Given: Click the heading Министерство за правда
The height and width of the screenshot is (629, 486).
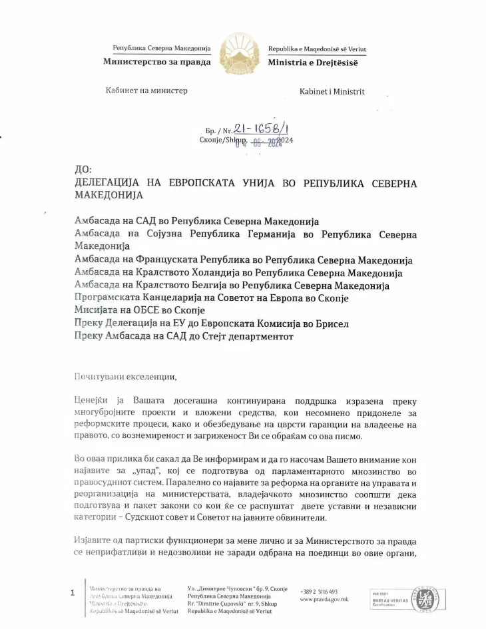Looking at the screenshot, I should (156, 62).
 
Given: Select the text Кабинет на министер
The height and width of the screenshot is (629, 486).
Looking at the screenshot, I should (146, 91).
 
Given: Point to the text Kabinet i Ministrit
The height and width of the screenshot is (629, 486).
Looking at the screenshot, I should (332, 92).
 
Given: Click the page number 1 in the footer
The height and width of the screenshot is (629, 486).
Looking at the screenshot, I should (72, 592).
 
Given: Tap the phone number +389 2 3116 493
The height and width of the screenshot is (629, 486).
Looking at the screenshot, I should (320, 591).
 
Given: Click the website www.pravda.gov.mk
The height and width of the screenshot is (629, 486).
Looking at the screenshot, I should (324, 599).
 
